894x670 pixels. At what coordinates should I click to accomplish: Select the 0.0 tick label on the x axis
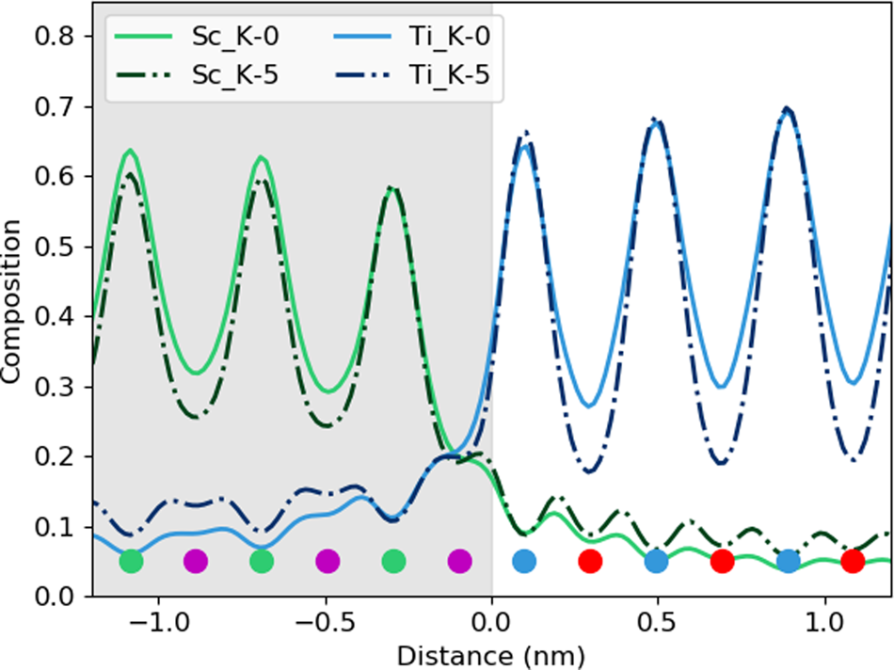pos(491,624)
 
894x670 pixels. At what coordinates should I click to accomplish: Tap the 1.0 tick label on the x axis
pos(825,624)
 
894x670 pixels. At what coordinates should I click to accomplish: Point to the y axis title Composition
pos(13,301)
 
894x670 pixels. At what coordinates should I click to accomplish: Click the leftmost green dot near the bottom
pos(132,562)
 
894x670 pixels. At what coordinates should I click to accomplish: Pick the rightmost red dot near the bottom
pos(853,562)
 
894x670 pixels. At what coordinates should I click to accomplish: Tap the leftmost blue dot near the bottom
pos(524,562)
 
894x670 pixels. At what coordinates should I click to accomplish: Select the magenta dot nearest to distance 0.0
pos(459,562)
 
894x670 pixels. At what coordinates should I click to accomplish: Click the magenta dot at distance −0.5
pos(327,562)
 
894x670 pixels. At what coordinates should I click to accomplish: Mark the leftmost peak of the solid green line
pos(131,151)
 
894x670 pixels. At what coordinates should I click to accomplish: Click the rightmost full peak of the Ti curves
pos(788,109)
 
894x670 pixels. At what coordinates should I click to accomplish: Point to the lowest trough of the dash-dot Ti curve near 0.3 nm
pos(591,471)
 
